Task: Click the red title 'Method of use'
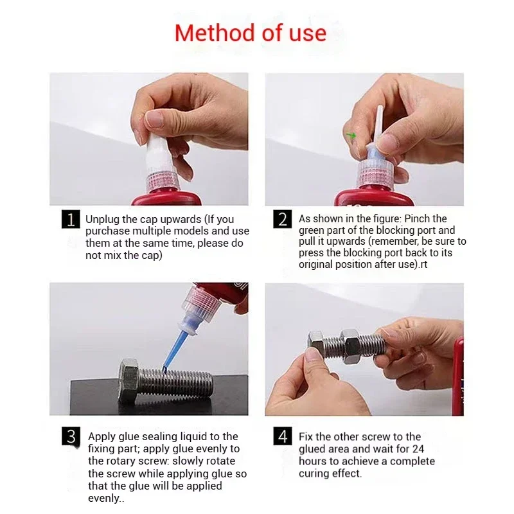251,33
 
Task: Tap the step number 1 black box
71,219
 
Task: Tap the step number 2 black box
282,219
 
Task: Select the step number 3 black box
71,436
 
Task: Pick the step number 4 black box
282,436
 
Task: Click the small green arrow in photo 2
351,135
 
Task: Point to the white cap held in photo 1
159,155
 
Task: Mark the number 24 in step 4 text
418,448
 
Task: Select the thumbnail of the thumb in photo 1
154,119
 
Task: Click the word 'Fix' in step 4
306,437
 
